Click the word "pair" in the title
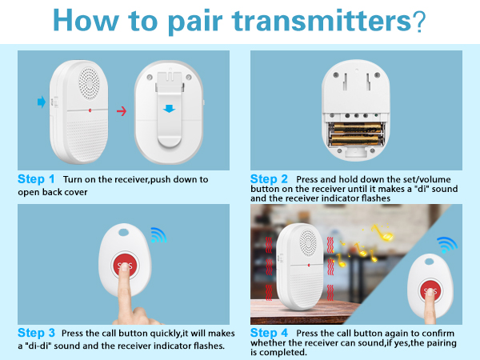(193, 22)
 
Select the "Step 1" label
(36, 179)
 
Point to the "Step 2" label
(270, 179)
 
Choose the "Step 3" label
(36, 332)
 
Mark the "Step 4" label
(270, 332)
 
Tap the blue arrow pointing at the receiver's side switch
(41, 102)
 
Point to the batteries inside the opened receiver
(360, 130)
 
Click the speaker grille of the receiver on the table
(304, 239)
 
